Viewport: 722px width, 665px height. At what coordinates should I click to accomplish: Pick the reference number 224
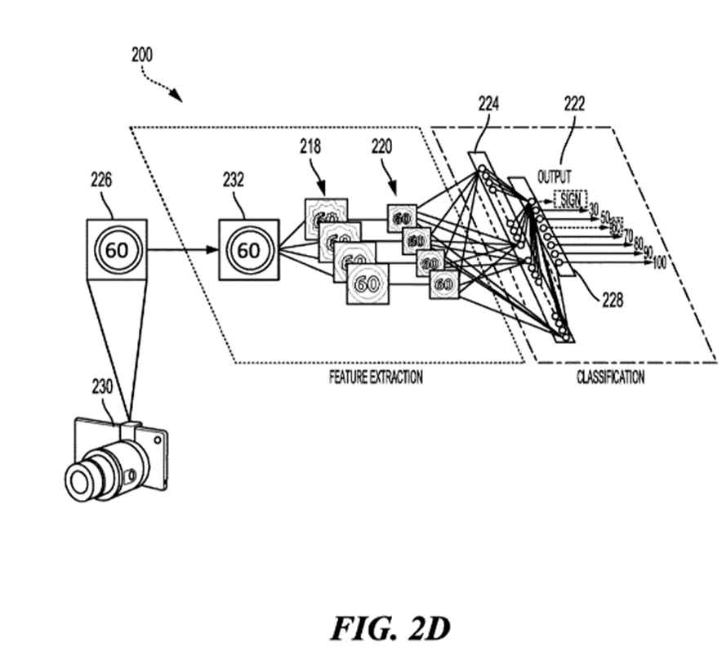(x=490, y=105)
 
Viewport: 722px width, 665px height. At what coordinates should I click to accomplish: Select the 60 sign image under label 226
(x=117, y=249)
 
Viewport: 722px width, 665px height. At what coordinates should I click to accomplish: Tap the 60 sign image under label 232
(x=247, y=249)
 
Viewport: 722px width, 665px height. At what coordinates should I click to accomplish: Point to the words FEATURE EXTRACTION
(x=376, y=377)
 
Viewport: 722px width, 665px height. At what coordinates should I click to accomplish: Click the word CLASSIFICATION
(x=610, y=377)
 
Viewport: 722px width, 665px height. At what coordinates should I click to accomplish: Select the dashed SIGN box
(x=571, y=198)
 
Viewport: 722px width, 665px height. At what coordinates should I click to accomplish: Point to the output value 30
(x=594, y=209)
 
